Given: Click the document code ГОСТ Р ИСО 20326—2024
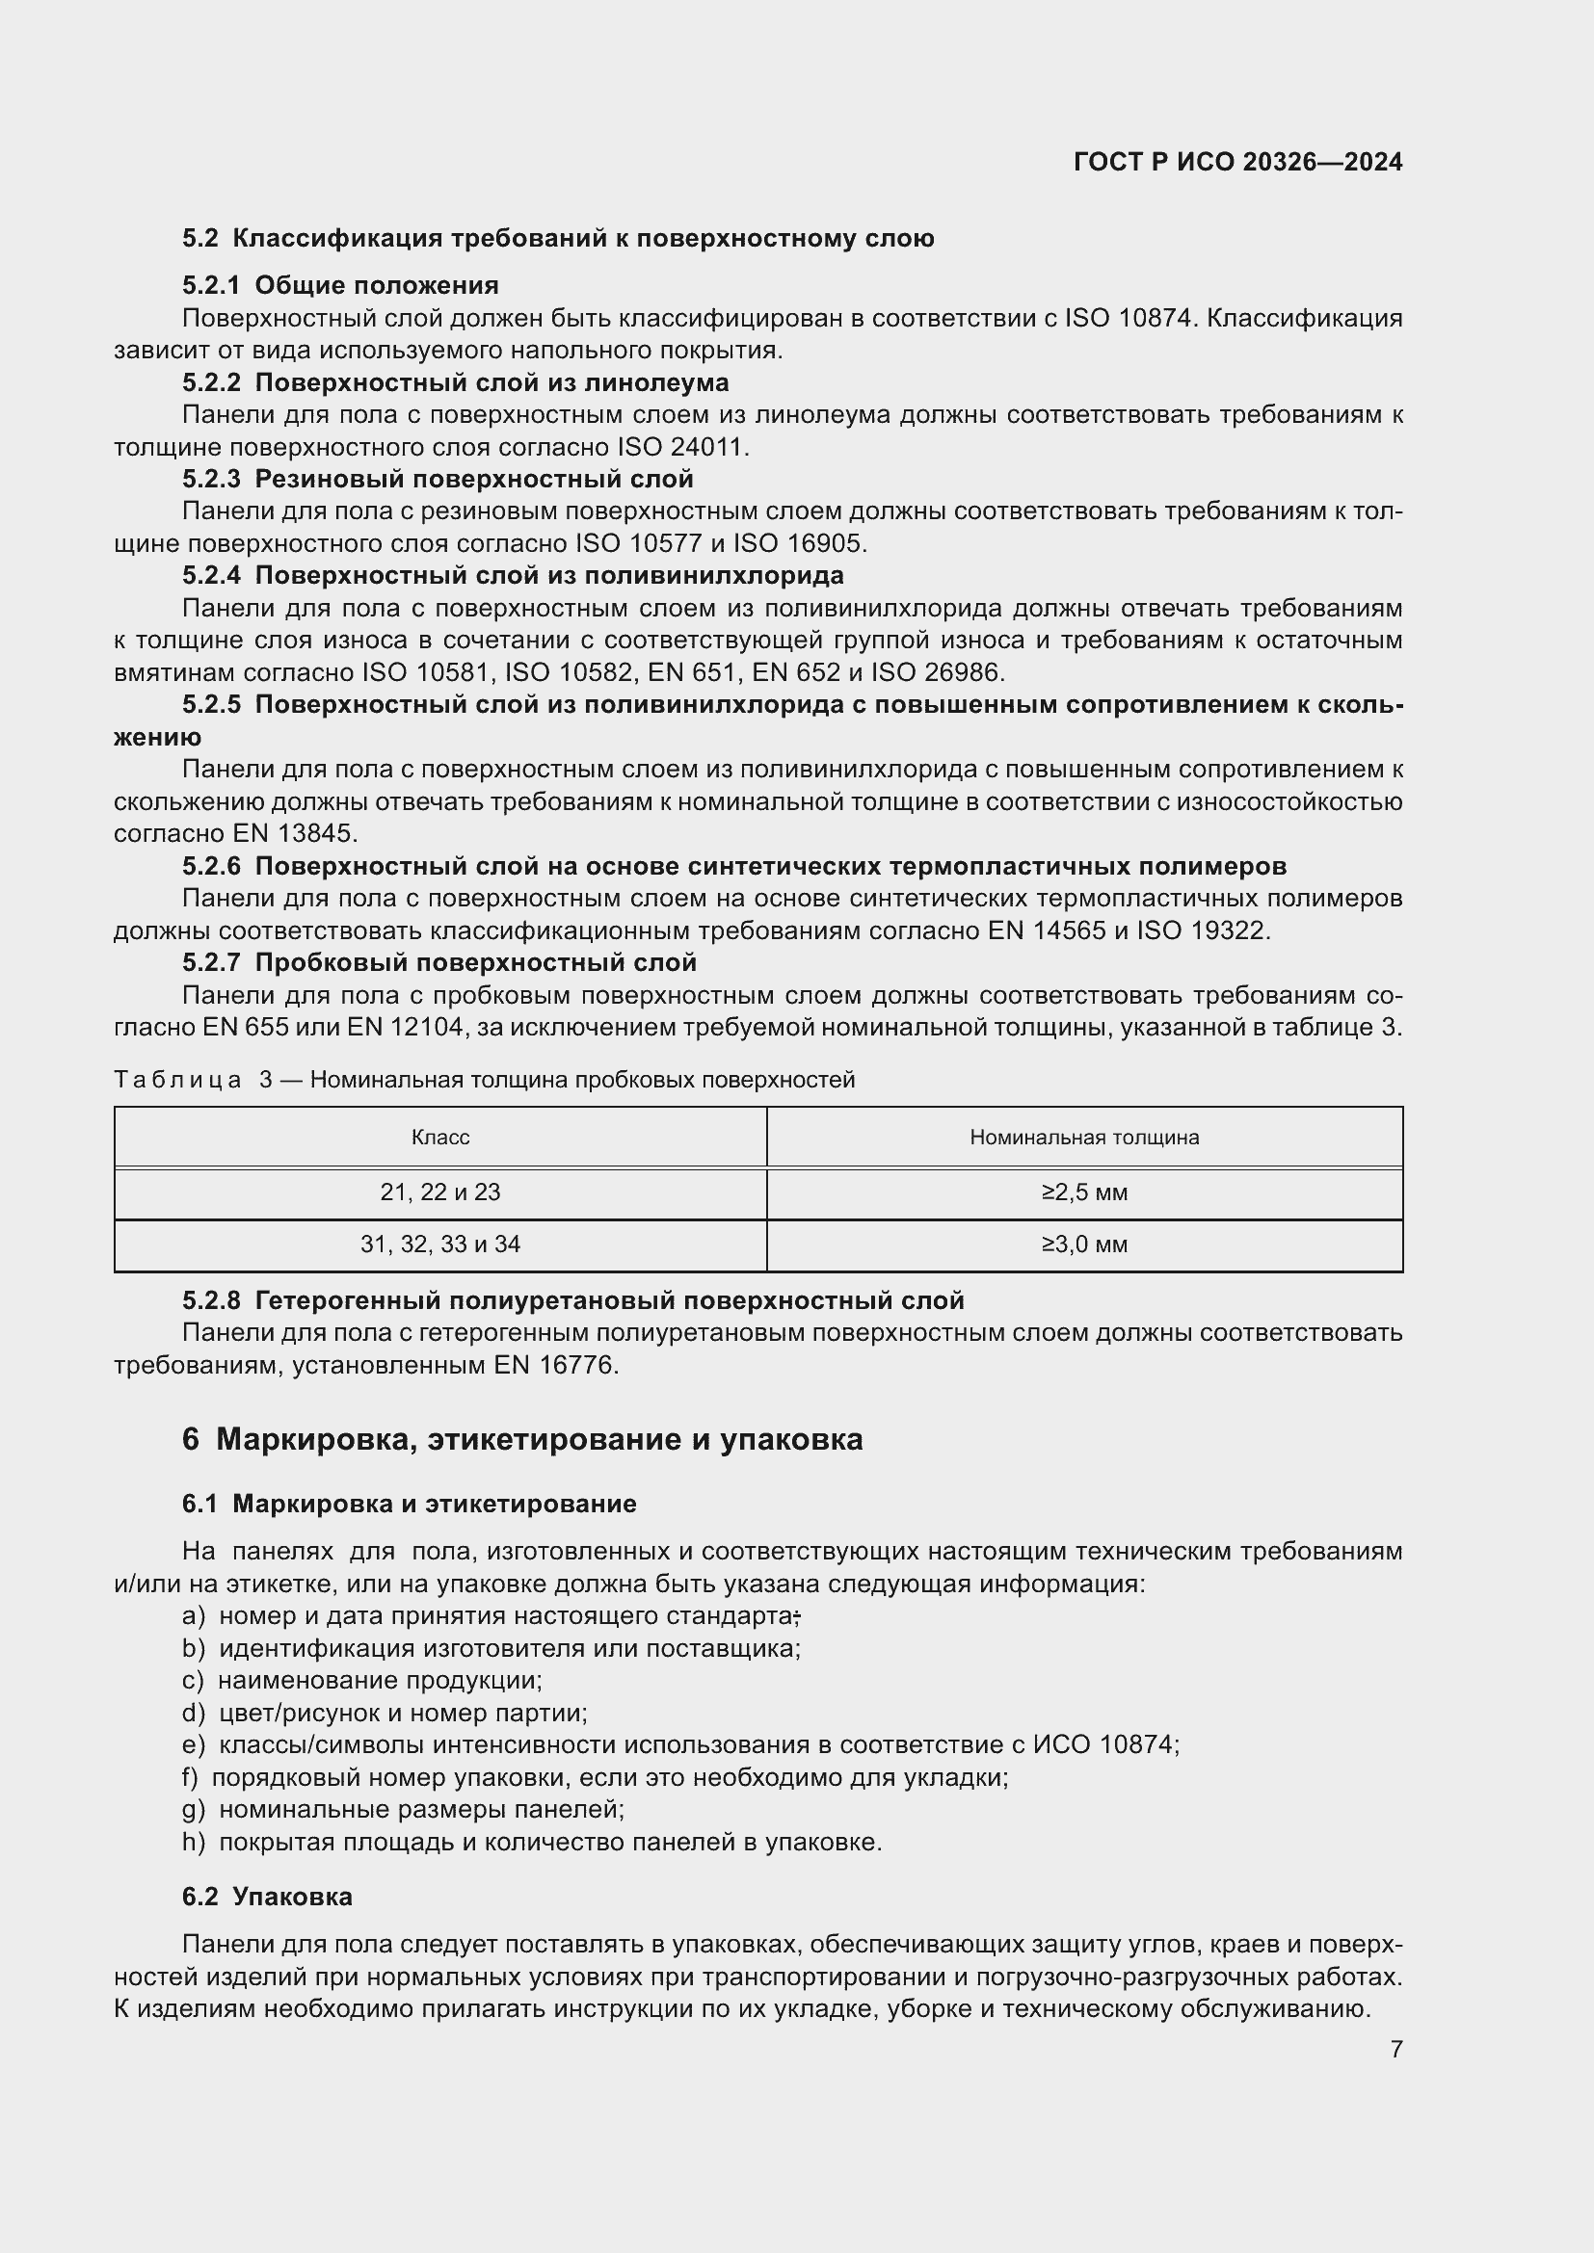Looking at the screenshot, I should click(x=1237, y=162).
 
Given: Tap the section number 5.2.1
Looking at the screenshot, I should click(x=210, y=285).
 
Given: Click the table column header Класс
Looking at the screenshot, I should click(x=439, y=1138).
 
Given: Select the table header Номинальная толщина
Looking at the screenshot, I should click(x=1083, y=1138).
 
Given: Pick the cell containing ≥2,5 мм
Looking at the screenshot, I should click(x=1083, y=1193).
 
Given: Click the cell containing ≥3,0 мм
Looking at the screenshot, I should click(x=1083, y=1245).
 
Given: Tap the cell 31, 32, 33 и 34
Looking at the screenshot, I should click(x=439, y=1245).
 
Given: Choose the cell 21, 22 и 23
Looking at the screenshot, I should click(x=439, y=1193).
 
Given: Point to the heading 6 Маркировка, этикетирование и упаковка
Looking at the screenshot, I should click(x=522, y=1439).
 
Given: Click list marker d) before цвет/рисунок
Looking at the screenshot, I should click(x=194, y=1714).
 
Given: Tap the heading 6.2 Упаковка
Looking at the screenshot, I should click(x=267, y=1897).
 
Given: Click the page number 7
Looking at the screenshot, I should click(x=1395, y=2049).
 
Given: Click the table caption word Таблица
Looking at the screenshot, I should click(x=177, y=1081).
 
